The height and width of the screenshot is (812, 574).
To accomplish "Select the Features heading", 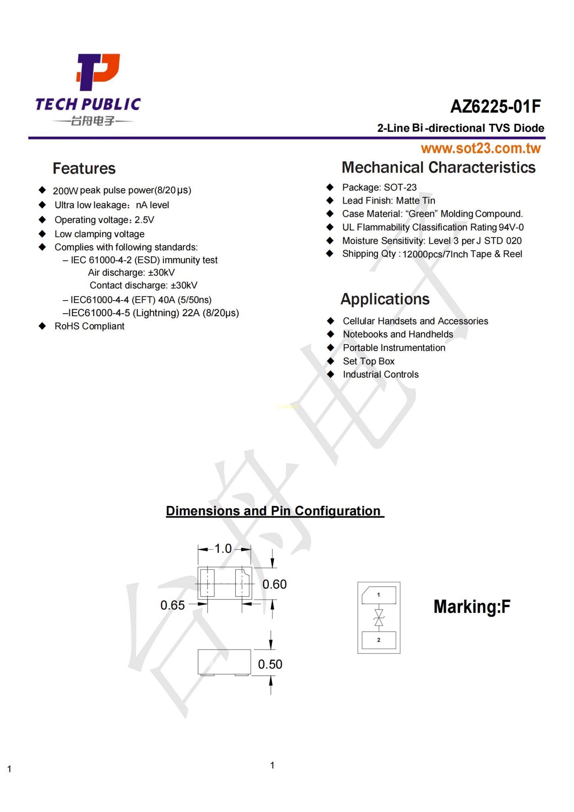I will [84, 168].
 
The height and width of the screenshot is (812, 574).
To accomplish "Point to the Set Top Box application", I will [368, 361].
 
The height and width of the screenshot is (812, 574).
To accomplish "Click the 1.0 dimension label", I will [223, 548].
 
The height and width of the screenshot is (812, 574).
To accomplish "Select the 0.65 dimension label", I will [173, 605].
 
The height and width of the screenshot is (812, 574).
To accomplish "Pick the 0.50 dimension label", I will [270, 664].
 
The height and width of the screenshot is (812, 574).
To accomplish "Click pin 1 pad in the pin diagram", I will [379, 595].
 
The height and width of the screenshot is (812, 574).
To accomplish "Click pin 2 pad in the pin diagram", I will [379, 640].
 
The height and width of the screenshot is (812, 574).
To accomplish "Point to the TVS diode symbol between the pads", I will [379, 617].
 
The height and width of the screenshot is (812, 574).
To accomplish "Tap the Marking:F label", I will [472, 607].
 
